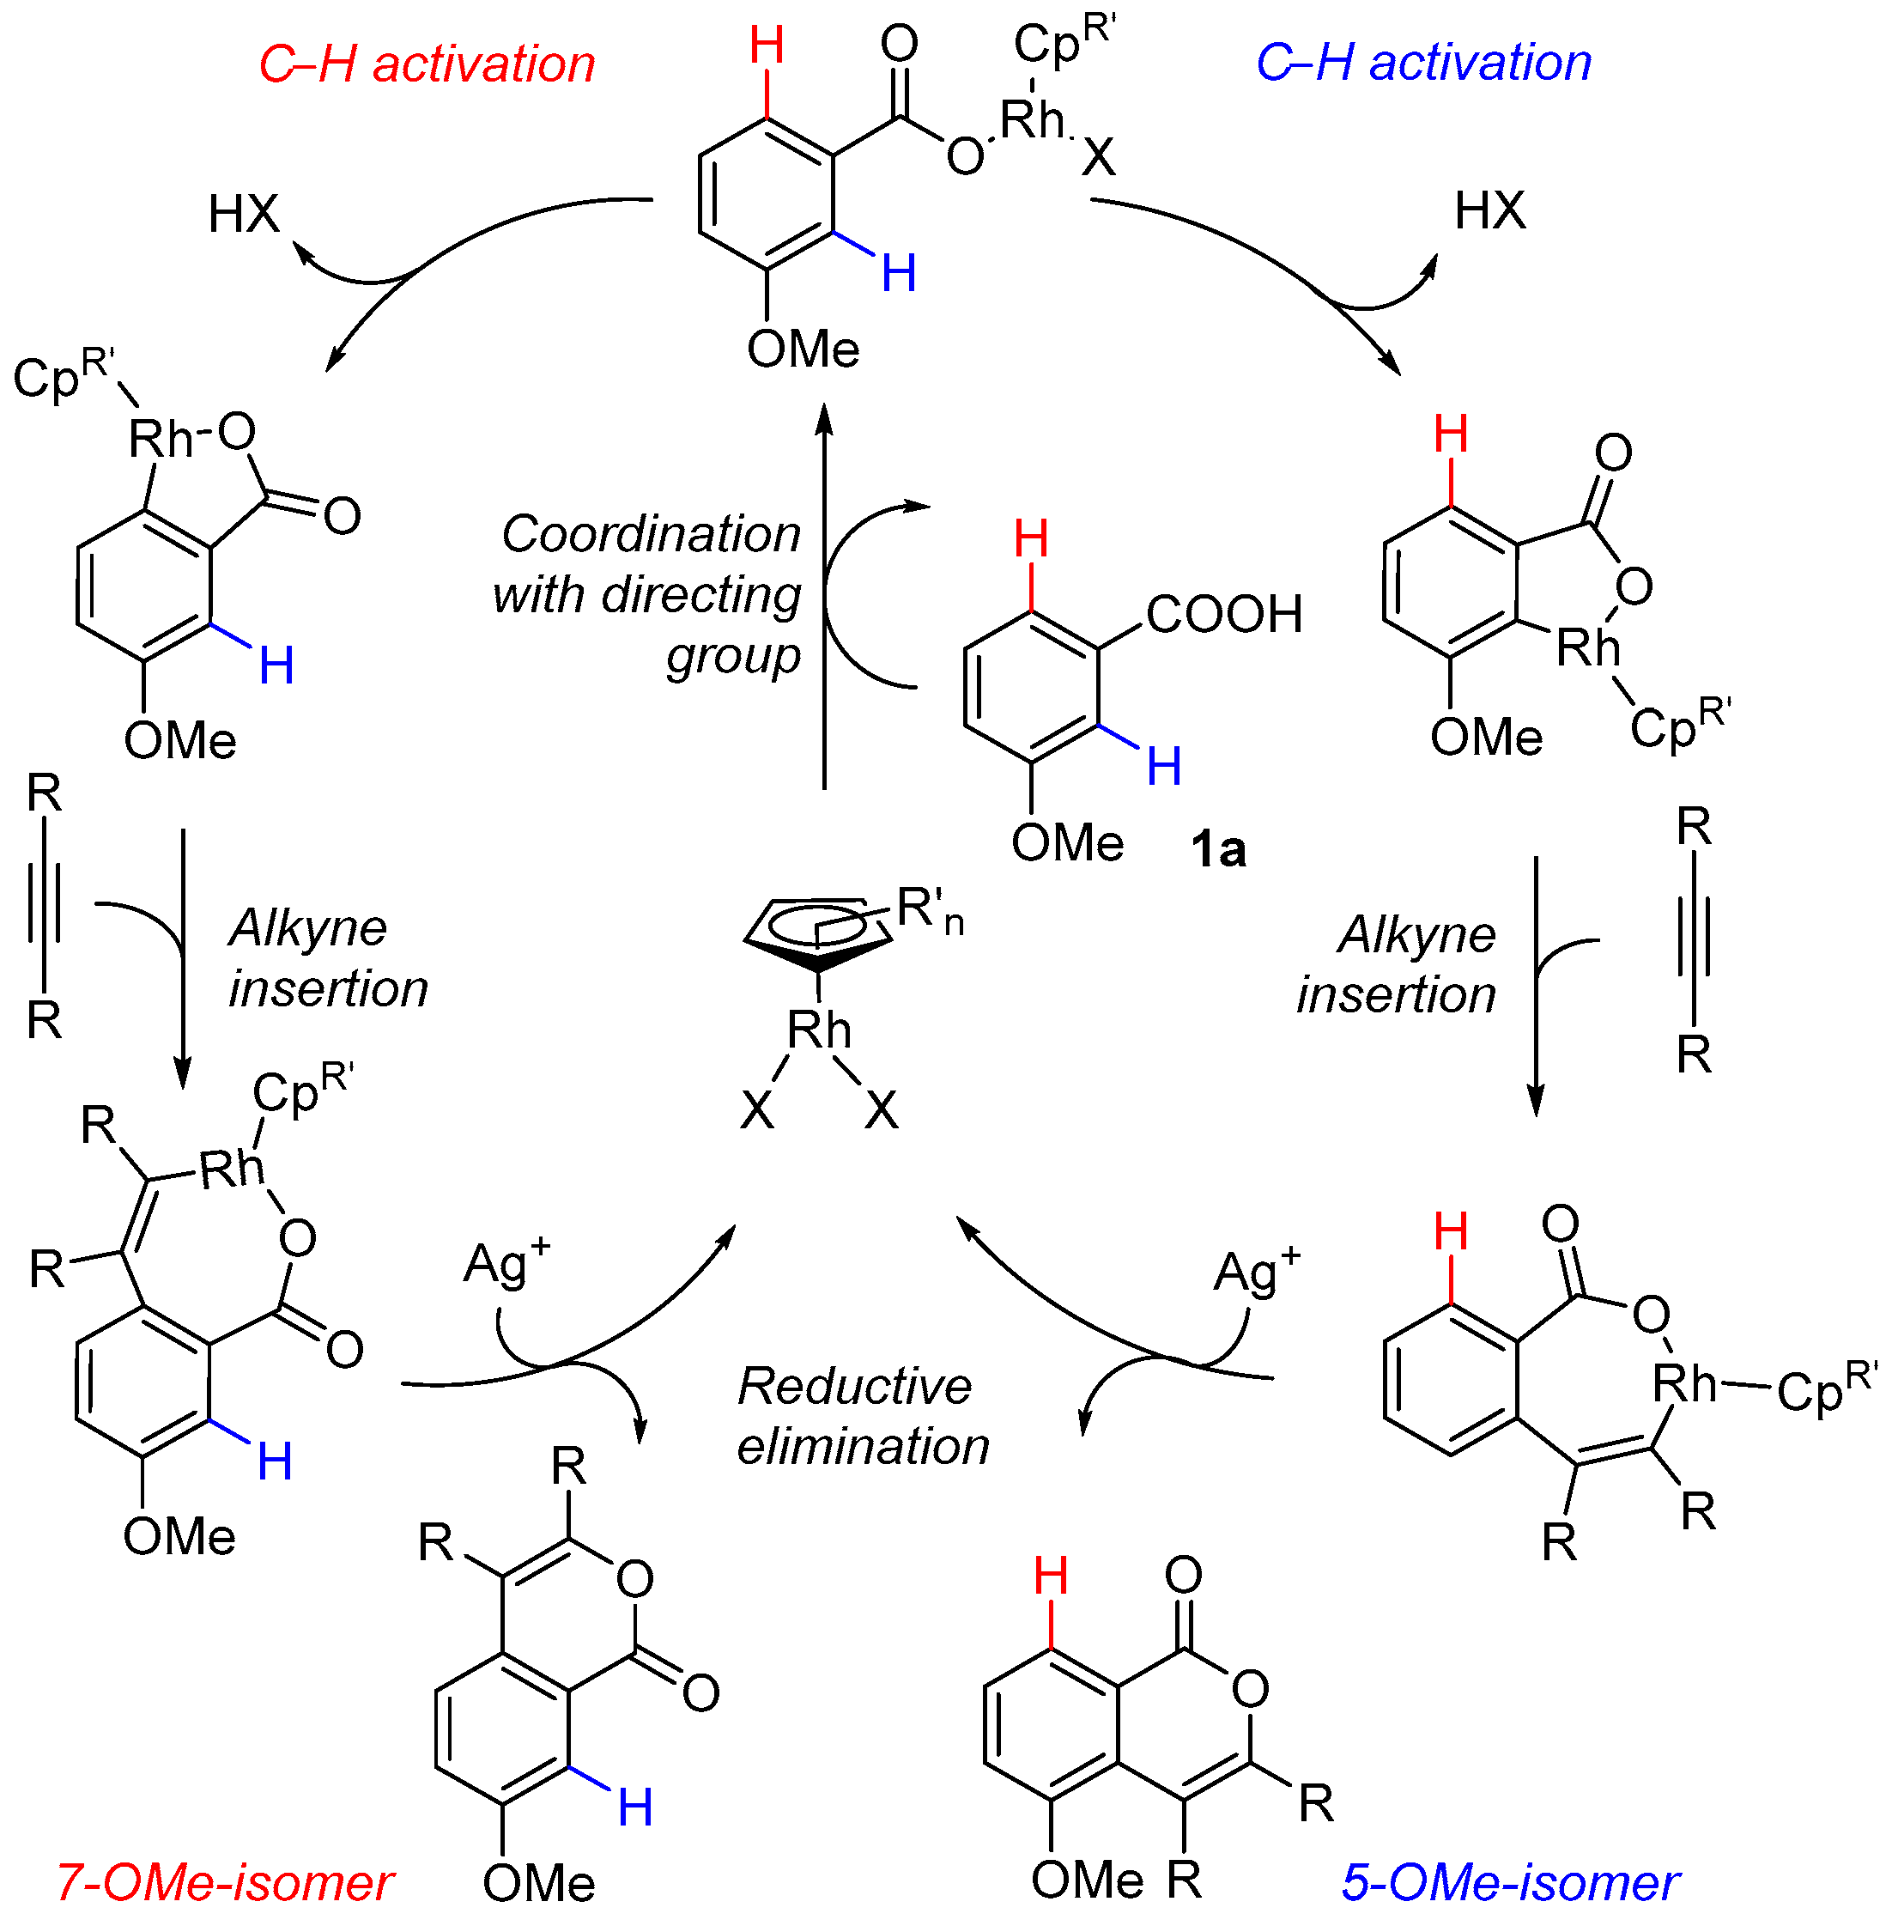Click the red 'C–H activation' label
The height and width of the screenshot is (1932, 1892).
pyautogui.click(x=427, y=64)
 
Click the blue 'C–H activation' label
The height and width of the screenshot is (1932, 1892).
pyautogui.click(x=1423, y=62)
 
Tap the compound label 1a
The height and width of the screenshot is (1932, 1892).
pyautogui.click(x=1217, y=850)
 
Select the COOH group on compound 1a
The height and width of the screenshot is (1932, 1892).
pyautogui.click(x=1223, y=614)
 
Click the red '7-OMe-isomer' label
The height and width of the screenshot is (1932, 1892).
pyautogui.click(x=225, y=1882)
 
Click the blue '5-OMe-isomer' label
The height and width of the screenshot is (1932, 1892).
pyautogui.click(x=1509, y=1882)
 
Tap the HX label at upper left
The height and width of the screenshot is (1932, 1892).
pyautogui.click(x=244, y=214)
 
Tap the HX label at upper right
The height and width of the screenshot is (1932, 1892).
pyautogui.click(x=1489, y=210)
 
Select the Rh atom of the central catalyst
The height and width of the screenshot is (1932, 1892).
pyautogui.click(x=819, y=1030)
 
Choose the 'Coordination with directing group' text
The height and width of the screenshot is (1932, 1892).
pyautogui.click(x=648, y=594)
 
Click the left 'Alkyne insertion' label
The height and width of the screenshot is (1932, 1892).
pyautogui.click(x=328, y=958)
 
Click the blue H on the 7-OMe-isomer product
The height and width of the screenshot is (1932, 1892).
pyautogui.click(x=635, y=1807)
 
